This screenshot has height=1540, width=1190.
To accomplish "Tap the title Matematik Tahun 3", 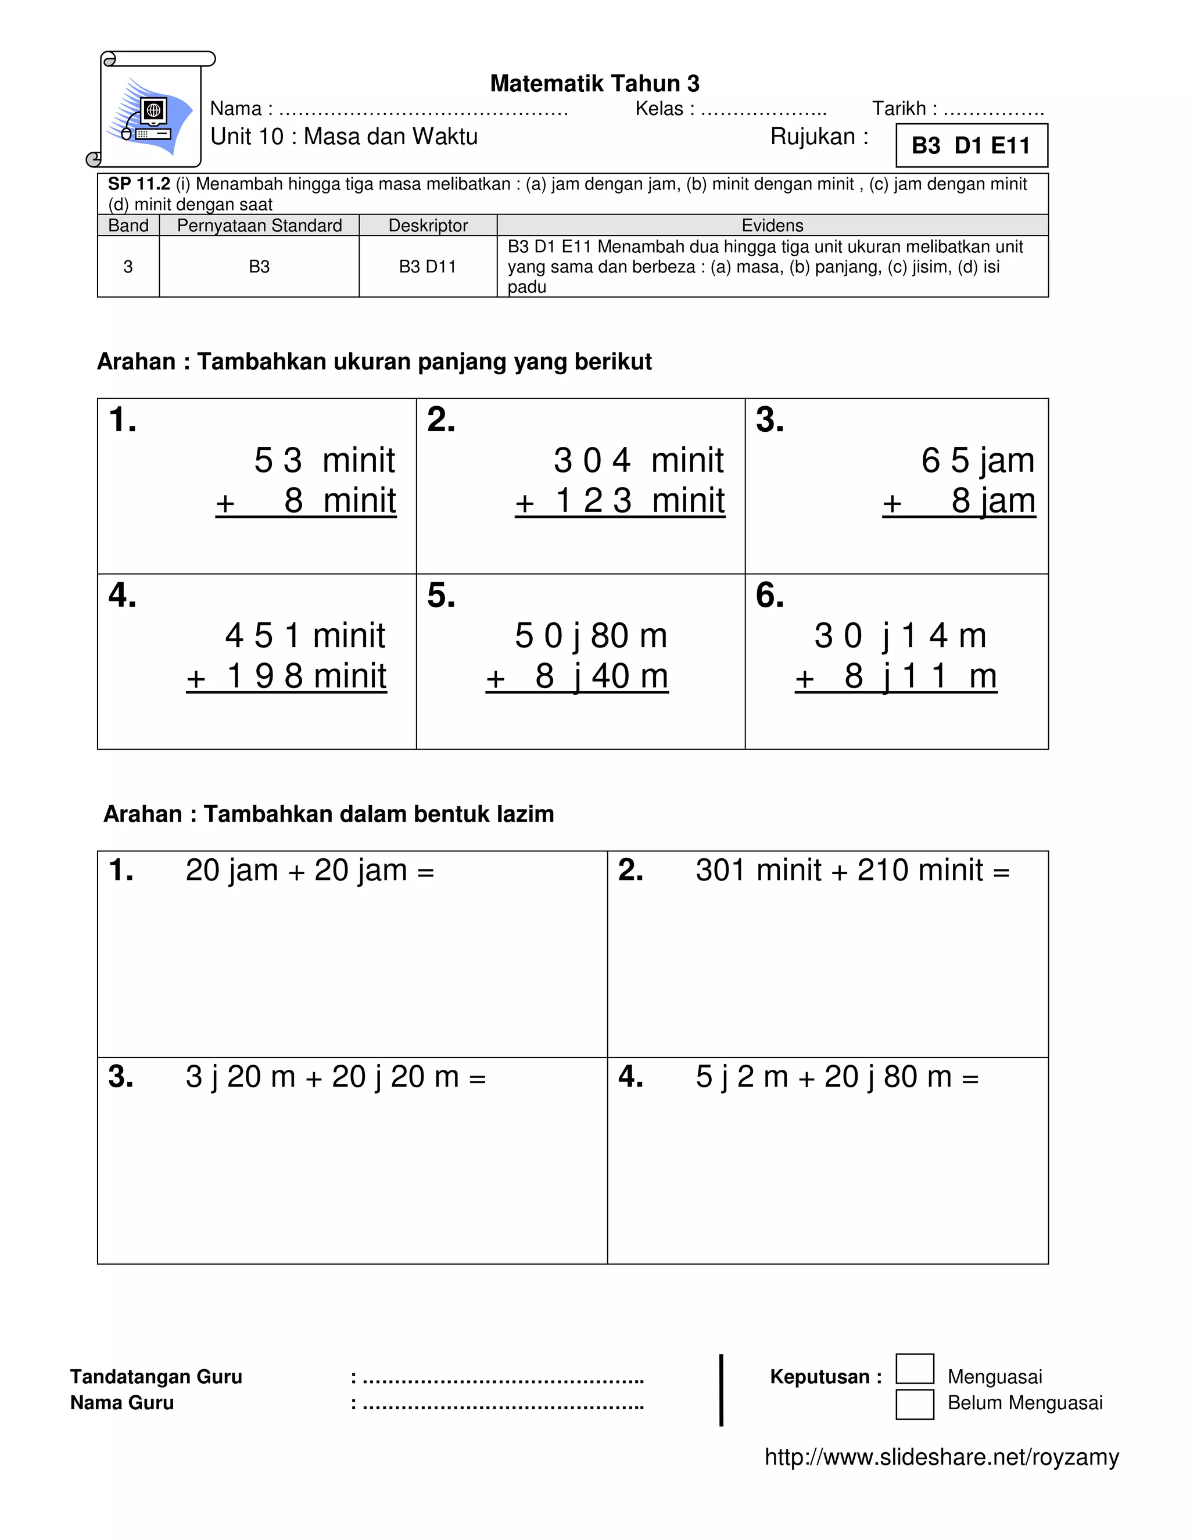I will click(x=594, y=84).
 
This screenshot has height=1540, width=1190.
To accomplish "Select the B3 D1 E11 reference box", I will click(x=971, y=146).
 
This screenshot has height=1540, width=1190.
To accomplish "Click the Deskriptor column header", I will click(x=428, y=225).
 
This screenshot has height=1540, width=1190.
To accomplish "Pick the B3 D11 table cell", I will click(x=427, y=267).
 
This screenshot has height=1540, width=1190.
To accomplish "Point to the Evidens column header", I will click(x=772, y=225).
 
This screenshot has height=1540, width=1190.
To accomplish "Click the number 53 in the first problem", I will click(x=278, y=460).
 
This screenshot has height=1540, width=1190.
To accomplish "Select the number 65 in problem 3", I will click(x=945, y=460).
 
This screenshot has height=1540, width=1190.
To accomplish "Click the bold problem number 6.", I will click(x=769, y=596).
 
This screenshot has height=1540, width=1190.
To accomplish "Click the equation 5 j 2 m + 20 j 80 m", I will click(x=837, y=1077).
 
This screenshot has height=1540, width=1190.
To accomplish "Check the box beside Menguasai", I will click(x=915, y=1369).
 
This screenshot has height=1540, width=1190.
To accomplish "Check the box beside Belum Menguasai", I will click(x=915, y=1403).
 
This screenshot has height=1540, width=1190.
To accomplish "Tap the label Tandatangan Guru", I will click(x=156, y=1376).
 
